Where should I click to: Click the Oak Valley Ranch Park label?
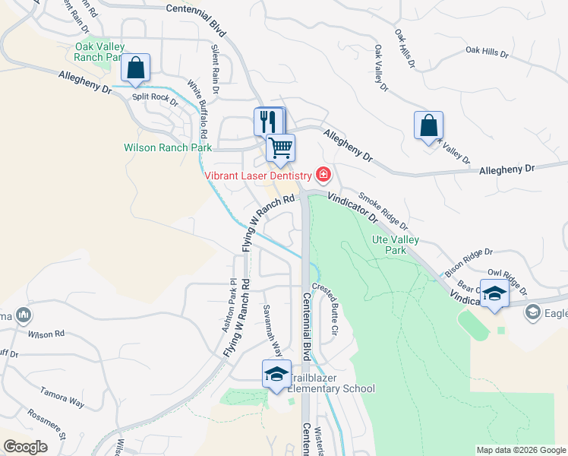99,51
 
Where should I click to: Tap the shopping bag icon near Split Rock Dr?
135,68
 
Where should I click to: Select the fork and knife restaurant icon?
267,121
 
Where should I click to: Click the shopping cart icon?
280,147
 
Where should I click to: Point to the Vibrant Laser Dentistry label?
258,176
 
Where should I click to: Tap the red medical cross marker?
323,176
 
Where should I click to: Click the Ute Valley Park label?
395,245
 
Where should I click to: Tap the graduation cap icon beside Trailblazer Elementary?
276,373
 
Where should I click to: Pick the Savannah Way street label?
278,337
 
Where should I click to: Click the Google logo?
25,447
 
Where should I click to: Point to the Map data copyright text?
520,450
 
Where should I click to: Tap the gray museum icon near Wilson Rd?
23,314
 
